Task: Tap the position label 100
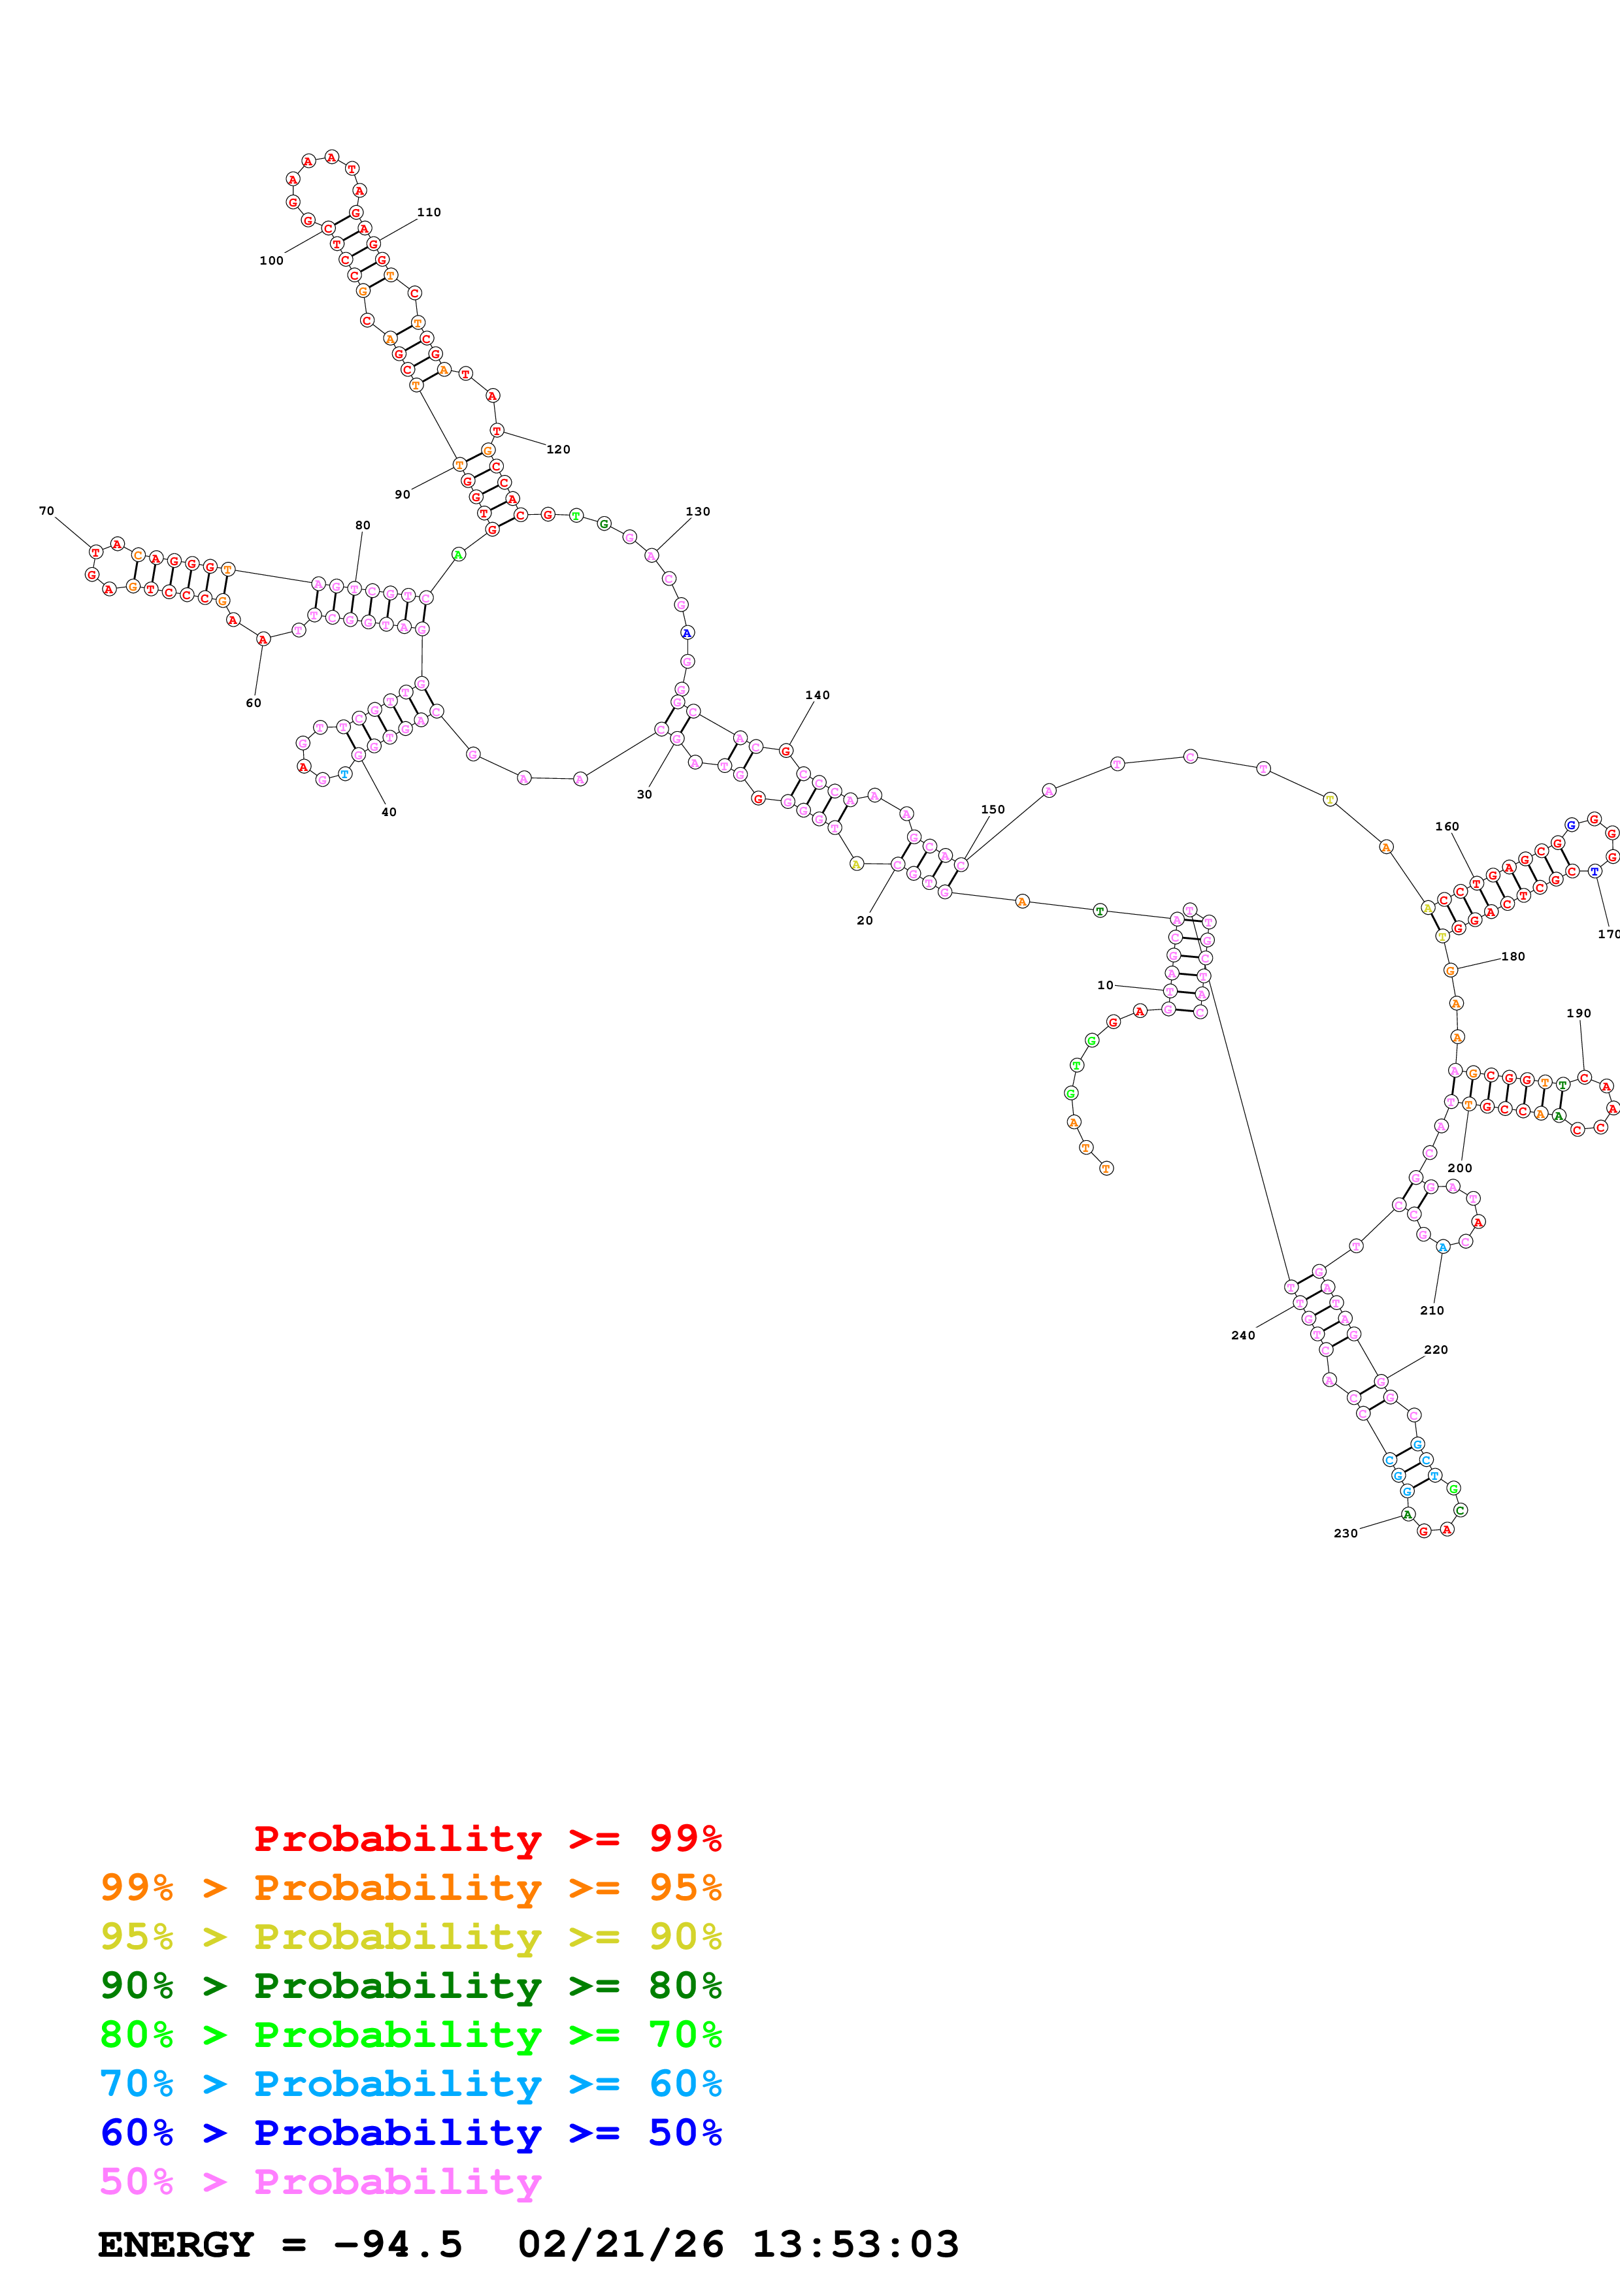coord(271,261)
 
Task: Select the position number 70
coord(46,511)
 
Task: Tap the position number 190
coord(1578,1013)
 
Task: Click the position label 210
coord(1431,1311)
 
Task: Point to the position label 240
coord(1243,1335)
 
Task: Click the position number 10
coord(1105,985)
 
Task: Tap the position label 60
coord(254,703)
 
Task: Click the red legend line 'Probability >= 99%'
coord(487,1839)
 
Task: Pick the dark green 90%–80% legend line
coord(410,1986)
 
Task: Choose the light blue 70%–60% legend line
coord(410,2084)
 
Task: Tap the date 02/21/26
coord(620,2244)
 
